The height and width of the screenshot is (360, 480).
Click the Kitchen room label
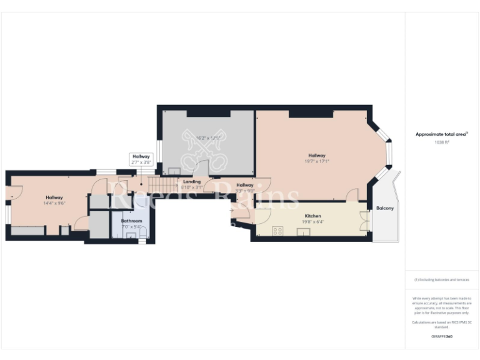click(x=312, y=216)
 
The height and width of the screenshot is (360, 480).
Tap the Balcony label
click(x=384, y=208)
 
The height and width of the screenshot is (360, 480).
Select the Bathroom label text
click(x=131, y=221)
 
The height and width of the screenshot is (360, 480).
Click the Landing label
click(x=192, y=182)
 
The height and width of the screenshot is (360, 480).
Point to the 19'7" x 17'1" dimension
click(x=317, y=161)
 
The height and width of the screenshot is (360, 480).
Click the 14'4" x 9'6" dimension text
click(x=54, y=202)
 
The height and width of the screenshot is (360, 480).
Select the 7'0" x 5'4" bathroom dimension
click(x=131, y=226)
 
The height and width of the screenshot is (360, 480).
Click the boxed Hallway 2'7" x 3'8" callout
click(x=141, y=159)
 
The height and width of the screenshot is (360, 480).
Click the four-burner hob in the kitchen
click(x=277, y=231)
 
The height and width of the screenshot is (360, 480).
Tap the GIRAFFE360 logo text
click(x=441, y=336)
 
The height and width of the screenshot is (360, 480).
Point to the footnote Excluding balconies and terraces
click(x=441, y=279)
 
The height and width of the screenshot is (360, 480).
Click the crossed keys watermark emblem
click(x=206, y=150)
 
